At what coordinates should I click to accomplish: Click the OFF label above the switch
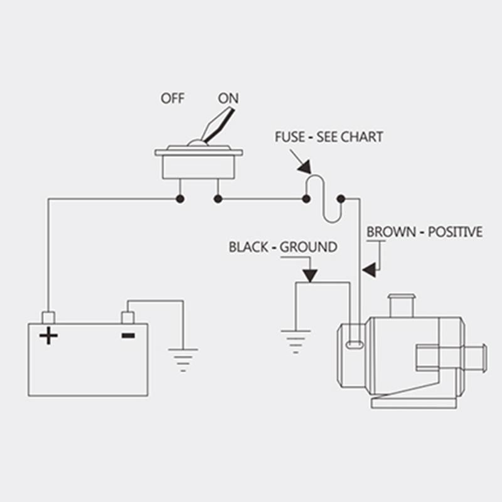[x=172, y=99]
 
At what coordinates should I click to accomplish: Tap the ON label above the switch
[x=228, y=99]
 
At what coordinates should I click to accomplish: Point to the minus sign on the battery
[x=128, y=335]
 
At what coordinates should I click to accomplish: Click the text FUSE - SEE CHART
[x=329, y=137]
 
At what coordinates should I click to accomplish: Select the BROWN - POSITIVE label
[x=425, y=232]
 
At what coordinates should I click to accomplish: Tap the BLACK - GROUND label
[x=282, y=247]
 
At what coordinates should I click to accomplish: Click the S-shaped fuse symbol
[x=323, y=198]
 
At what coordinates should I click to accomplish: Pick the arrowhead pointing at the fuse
[x=305, y=167]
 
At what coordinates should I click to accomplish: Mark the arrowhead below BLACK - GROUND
[x=310, y=275]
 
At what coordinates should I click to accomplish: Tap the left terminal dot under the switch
[x=180, y=200]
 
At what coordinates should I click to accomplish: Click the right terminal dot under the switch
[x=218, y=200]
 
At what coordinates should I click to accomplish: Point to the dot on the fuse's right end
[x=341, y=200]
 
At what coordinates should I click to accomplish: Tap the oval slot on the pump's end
[x=354, y=344]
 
